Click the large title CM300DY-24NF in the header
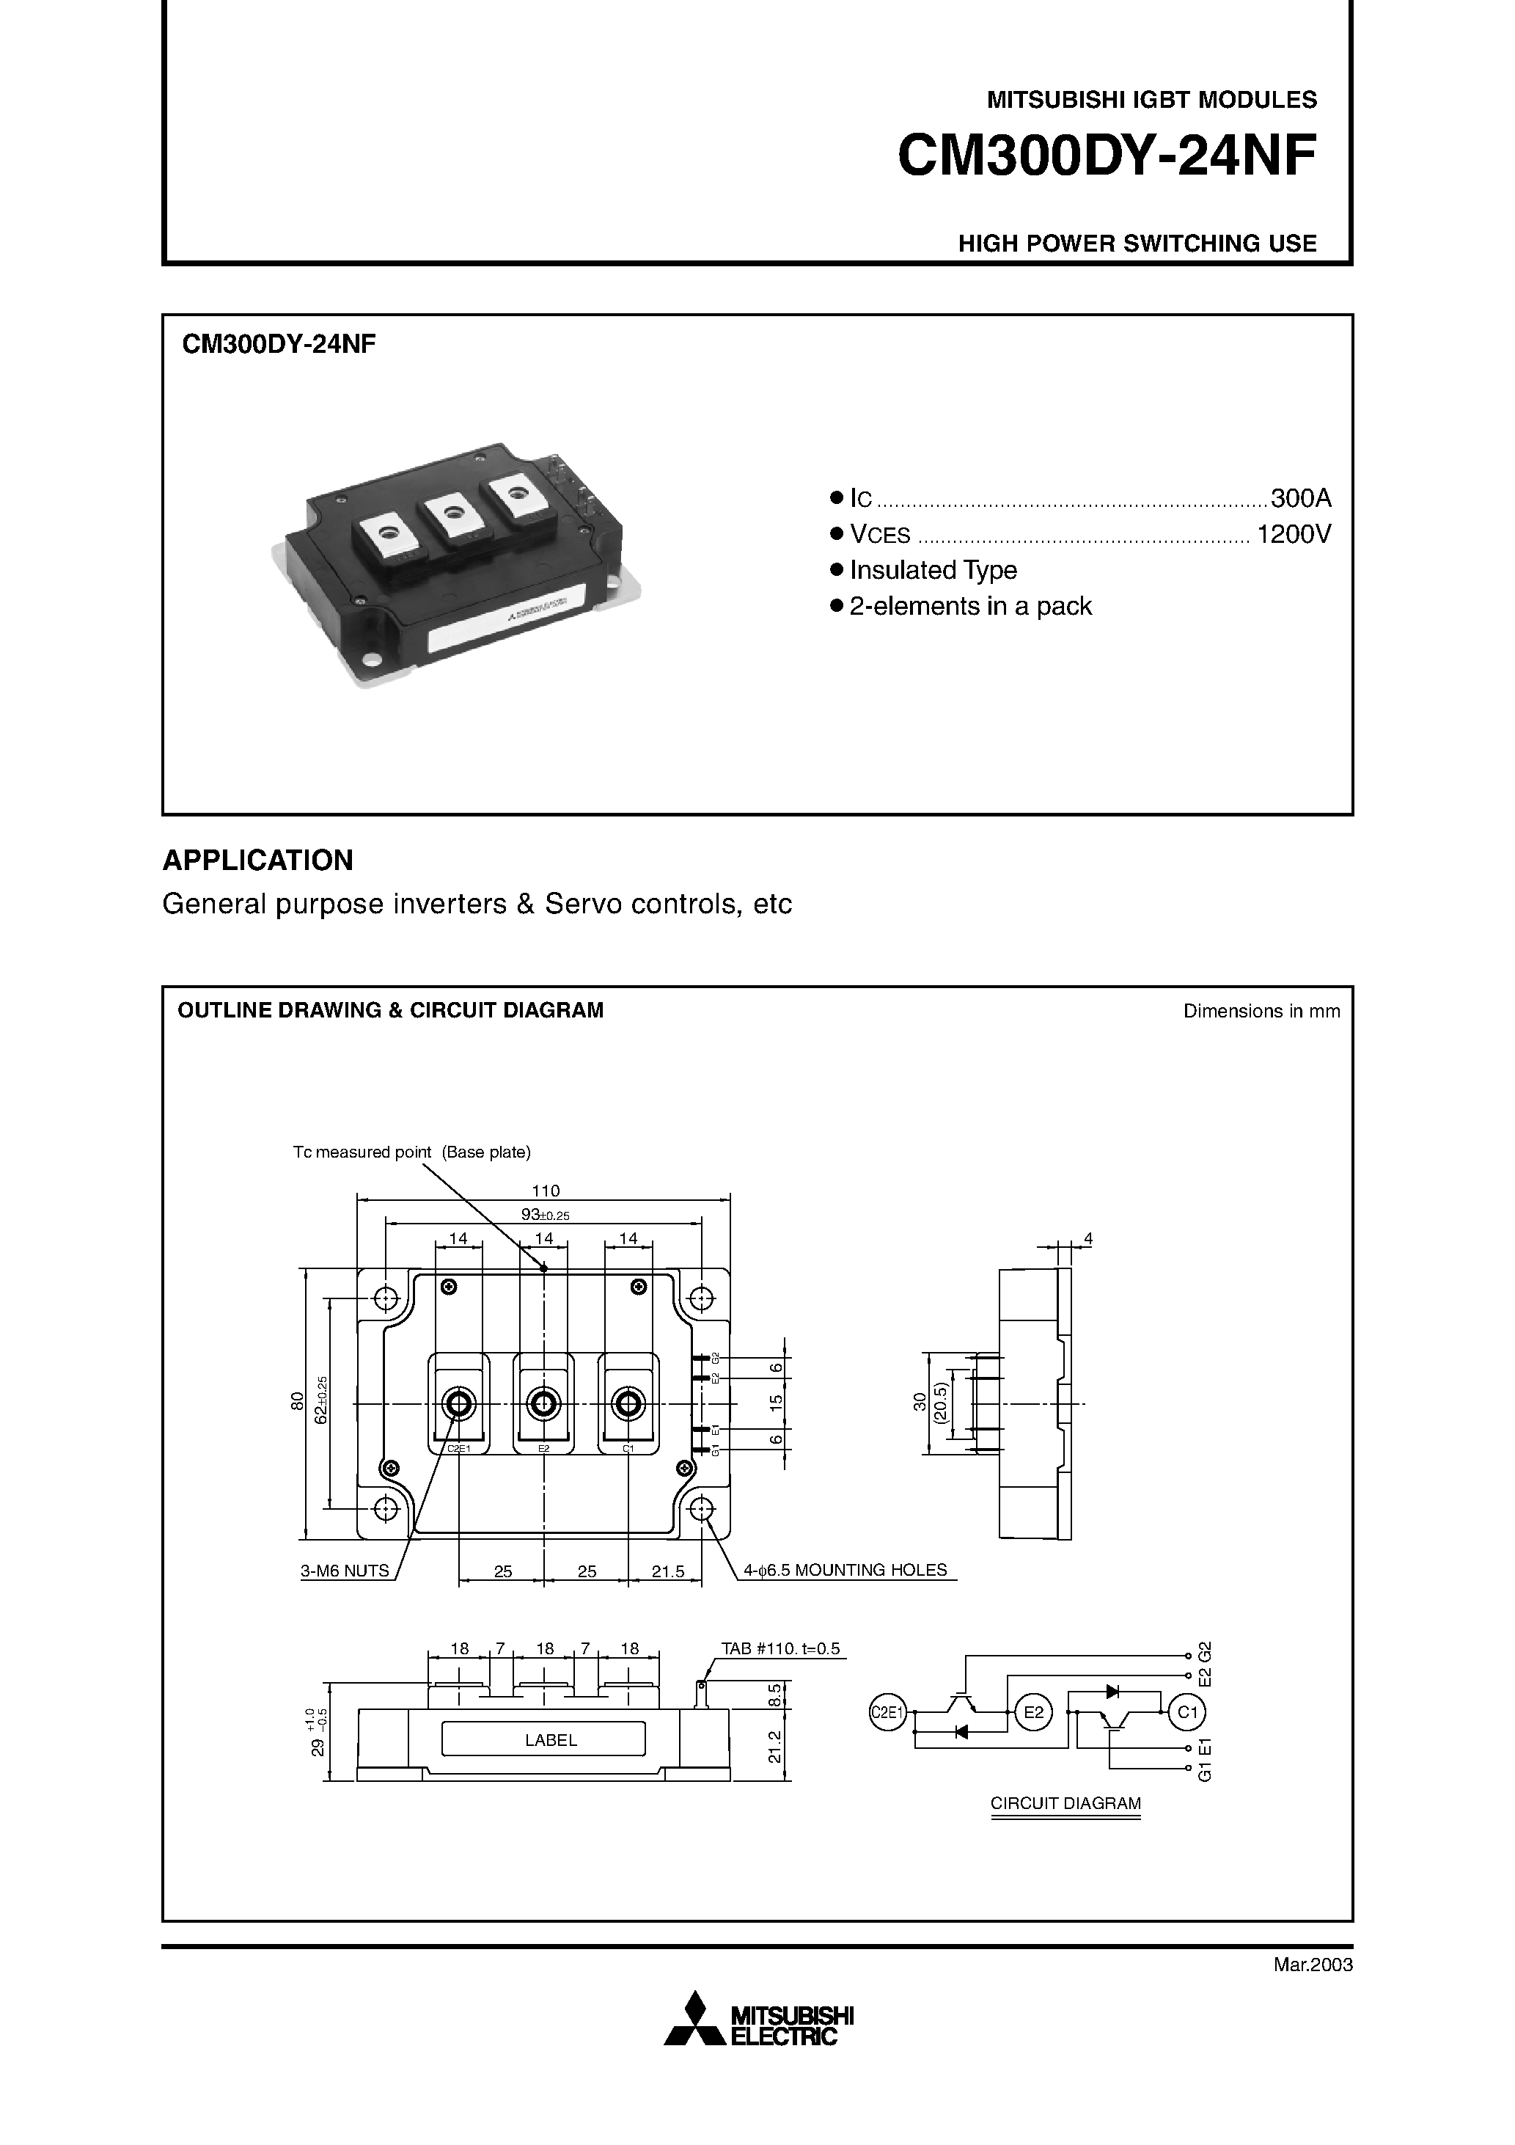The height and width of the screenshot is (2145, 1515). [1107, 156]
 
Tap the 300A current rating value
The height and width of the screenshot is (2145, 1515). [1300, 497]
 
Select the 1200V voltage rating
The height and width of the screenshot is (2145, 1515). [1294, 534]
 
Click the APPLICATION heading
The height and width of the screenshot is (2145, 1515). [258, 860]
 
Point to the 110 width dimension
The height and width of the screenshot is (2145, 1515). [546, 1190]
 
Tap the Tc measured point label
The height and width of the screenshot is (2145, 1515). [412, 1152]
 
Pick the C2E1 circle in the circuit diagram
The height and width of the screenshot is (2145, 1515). [888, 1711]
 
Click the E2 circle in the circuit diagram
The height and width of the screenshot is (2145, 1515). [1033, 1711]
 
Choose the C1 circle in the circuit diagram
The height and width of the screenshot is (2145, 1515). [1187, 1711]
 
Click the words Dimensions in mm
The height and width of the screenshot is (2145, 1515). [1261, 1011]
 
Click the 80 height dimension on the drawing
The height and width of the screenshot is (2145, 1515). [297, 1401]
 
